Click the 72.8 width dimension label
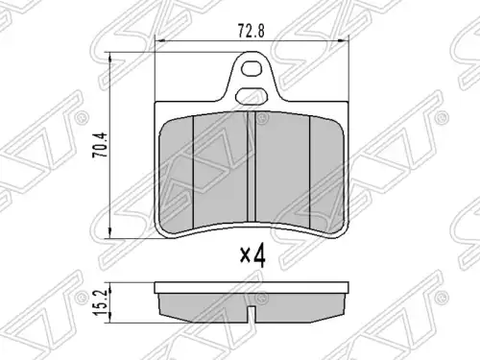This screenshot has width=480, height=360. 252,32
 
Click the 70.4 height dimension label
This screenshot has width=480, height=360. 100,145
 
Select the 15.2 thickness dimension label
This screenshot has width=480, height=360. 100,302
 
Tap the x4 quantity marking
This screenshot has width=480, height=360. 252,255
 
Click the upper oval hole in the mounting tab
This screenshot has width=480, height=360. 251,68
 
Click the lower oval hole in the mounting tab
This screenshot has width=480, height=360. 252,96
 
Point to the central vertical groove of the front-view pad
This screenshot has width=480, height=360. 252,166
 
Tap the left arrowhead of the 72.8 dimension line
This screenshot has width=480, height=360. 159,40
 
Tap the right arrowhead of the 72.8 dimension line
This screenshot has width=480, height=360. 344,40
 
